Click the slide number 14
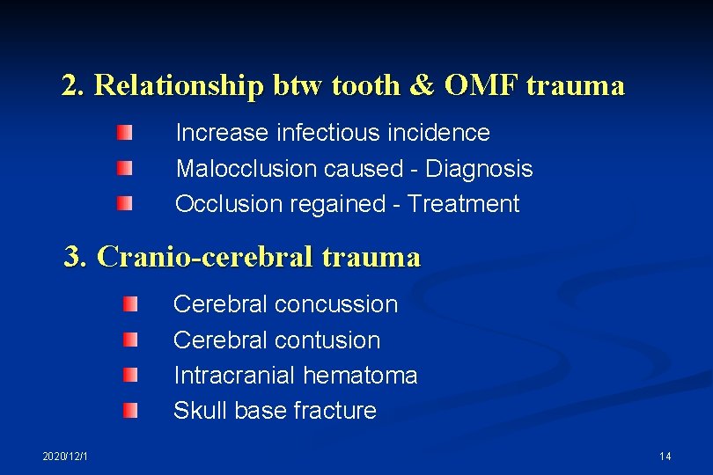[x=665, y=456]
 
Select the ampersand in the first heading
[x=422, y=86]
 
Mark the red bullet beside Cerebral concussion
[x=130, y=304]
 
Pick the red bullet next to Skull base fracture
[x=130, y=410]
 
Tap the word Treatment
[x=464, y=204]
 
